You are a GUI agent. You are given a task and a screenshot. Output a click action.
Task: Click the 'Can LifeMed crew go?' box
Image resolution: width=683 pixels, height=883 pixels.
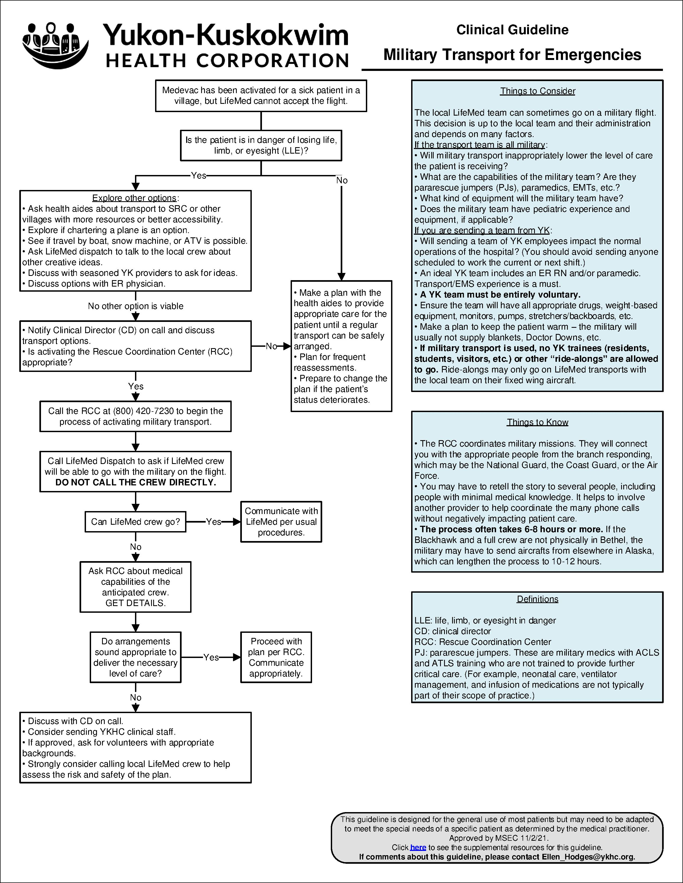[x=135, y=522]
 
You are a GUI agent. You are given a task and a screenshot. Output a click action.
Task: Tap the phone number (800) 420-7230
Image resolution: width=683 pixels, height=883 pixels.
[x=143, y=411]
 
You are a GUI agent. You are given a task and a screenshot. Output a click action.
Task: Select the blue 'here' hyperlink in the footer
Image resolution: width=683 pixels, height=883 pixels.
[x=418, y=847]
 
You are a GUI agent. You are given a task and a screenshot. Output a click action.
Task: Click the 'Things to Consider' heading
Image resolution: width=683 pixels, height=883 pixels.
[x=537, y=91]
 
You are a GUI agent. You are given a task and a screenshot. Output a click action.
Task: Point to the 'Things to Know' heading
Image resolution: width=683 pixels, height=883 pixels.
[x=537, y=422]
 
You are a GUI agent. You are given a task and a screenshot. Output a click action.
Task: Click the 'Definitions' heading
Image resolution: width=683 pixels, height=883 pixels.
[x=537, y=599]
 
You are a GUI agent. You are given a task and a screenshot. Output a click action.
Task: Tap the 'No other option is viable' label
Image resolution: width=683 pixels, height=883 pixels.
[x=136, y=306]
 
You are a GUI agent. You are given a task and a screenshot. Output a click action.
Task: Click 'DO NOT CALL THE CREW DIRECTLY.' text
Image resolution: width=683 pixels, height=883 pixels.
[x=136, y=482]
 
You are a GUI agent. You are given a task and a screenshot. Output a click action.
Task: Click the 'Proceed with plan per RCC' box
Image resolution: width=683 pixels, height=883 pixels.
[x=276, y=657]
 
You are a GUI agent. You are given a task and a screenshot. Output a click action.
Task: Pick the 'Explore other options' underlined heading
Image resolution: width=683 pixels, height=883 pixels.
[x=134, y=198]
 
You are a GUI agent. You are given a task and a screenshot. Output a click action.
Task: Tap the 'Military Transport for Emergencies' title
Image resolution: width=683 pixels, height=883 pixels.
[x=512, y=55]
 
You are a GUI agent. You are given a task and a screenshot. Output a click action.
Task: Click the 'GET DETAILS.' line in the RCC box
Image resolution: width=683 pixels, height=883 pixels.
[x=135, y=603]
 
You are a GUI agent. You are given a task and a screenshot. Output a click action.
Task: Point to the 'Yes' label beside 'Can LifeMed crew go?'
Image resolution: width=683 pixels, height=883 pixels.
[x=213, y=522]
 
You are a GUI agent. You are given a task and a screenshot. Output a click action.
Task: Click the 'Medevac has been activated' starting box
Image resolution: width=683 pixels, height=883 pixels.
[x=261, y=96]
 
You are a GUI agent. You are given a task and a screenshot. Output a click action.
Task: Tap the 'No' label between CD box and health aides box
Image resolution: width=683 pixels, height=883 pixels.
[x=271, y=346]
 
